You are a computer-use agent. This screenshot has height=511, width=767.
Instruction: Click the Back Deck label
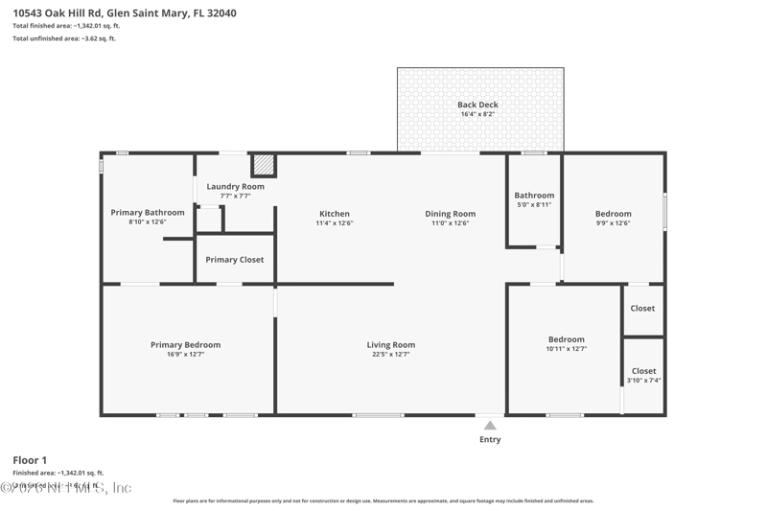(x=477, y=105)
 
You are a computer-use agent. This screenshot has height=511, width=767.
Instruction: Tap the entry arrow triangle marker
(x=490, y=426)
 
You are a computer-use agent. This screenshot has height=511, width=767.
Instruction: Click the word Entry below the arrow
(x=490, y=440)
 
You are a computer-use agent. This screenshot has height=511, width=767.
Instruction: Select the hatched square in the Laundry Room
(x=264, y=165)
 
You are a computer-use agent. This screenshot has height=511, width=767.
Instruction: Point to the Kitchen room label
(x=334, y=214)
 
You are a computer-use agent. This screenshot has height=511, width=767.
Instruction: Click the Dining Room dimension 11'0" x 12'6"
(x=451, y=223)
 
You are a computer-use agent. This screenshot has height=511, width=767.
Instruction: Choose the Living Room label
(x=391, y=345)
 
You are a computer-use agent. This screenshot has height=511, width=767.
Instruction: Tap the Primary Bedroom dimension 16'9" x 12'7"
(x=185, y=355)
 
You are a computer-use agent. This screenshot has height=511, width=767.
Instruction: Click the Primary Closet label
(x=235, y=260)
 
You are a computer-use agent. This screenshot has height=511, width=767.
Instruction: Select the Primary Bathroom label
(x=148, y=213)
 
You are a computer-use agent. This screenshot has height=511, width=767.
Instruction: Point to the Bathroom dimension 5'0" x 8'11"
(x=534, y=204)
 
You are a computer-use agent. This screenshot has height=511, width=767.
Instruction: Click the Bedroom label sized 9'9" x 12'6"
(x=613, y=214)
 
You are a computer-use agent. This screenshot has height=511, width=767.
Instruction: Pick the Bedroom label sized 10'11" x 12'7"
(x=566, y=339)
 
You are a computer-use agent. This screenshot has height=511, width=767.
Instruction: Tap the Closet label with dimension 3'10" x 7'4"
(x=644, y=371)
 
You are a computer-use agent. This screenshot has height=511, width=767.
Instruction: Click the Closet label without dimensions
(x=642, y=309)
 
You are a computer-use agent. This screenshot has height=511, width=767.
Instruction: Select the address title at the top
(x=125, y=13)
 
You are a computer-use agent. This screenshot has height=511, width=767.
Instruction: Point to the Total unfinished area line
(x=64, y=38)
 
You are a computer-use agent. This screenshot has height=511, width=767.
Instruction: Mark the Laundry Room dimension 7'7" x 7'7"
(x=235, y=196)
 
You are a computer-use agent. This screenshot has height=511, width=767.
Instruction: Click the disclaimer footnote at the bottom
(x=383, y=500)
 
